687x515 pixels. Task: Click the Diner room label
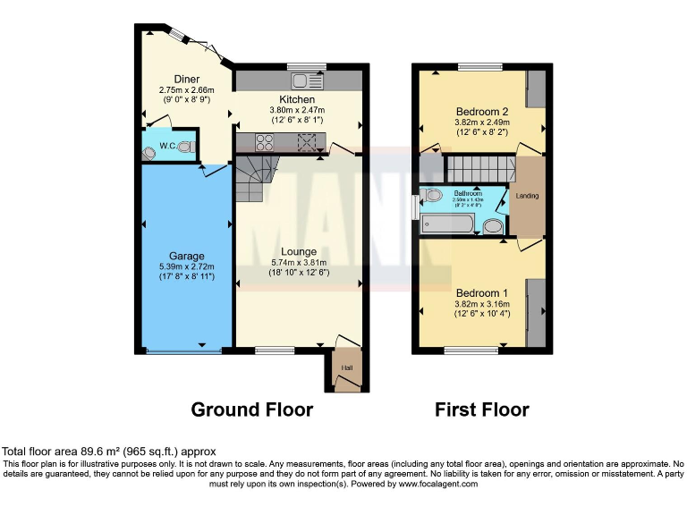coord(180,79)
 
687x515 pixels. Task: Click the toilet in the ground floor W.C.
coord(185,146)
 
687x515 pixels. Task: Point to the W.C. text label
coord(167,146)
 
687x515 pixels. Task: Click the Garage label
coord(187,256)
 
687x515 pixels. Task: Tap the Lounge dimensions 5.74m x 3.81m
coord(299,263)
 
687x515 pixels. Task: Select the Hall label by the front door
coord(345,367)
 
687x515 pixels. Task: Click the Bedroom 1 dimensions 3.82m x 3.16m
coord(482,303)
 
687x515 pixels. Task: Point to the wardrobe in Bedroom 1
coord(536,309)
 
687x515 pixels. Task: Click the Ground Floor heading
coord(252,410)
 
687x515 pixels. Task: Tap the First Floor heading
coord(482,410)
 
